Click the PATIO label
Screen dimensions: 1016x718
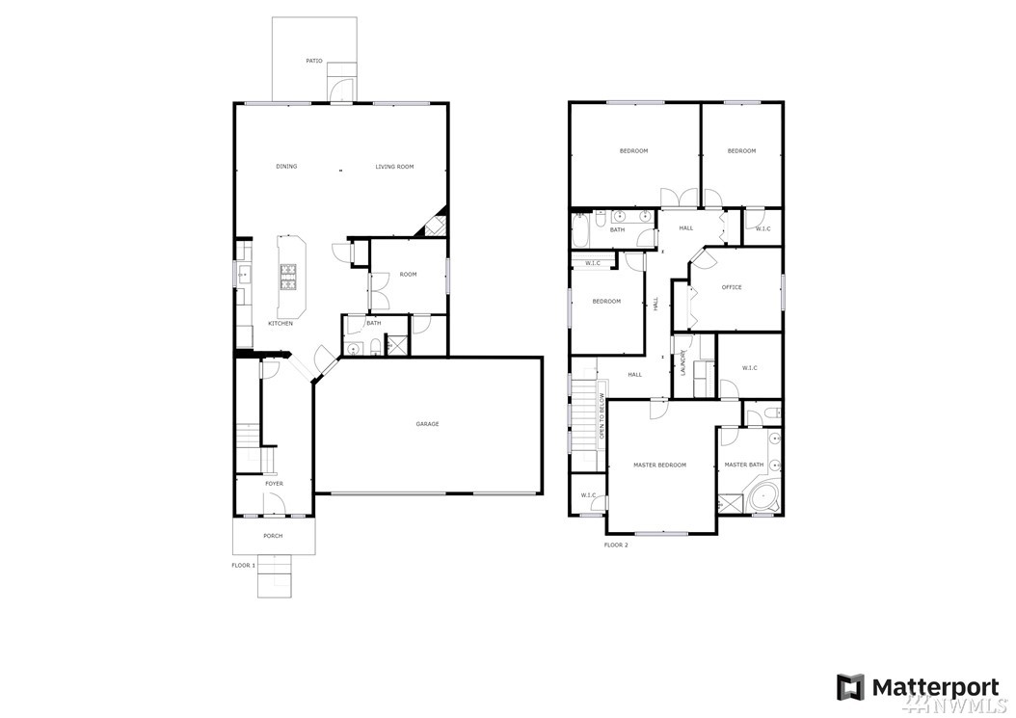pos(314,61)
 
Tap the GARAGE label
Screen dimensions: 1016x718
pos(428,424)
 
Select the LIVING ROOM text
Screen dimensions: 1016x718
pos(394,167)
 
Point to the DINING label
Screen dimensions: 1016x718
pos(286,167)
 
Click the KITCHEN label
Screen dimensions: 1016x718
pos(281,324)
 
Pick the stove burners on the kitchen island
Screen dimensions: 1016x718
pos(287,277)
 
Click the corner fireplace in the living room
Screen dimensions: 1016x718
pos(433,224)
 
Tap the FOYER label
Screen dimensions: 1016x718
pos(274,484)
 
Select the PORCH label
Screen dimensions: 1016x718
pos(273,536)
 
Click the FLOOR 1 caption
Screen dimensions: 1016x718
pos(244,565)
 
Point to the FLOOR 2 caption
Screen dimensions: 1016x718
pos(616,545)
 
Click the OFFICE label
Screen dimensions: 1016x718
pos(732,287)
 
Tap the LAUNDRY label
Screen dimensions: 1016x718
pos(682,363)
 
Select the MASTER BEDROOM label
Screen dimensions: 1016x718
pos(659,465)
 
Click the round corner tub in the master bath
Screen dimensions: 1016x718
pos(763,497)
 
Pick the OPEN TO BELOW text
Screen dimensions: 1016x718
pos(602,416)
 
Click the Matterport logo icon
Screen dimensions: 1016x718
pos(850,687)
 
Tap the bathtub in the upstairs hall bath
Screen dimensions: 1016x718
pos(580,230)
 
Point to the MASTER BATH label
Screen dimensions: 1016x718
pos(744,465)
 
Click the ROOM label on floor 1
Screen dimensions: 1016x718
pos(408,274)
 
